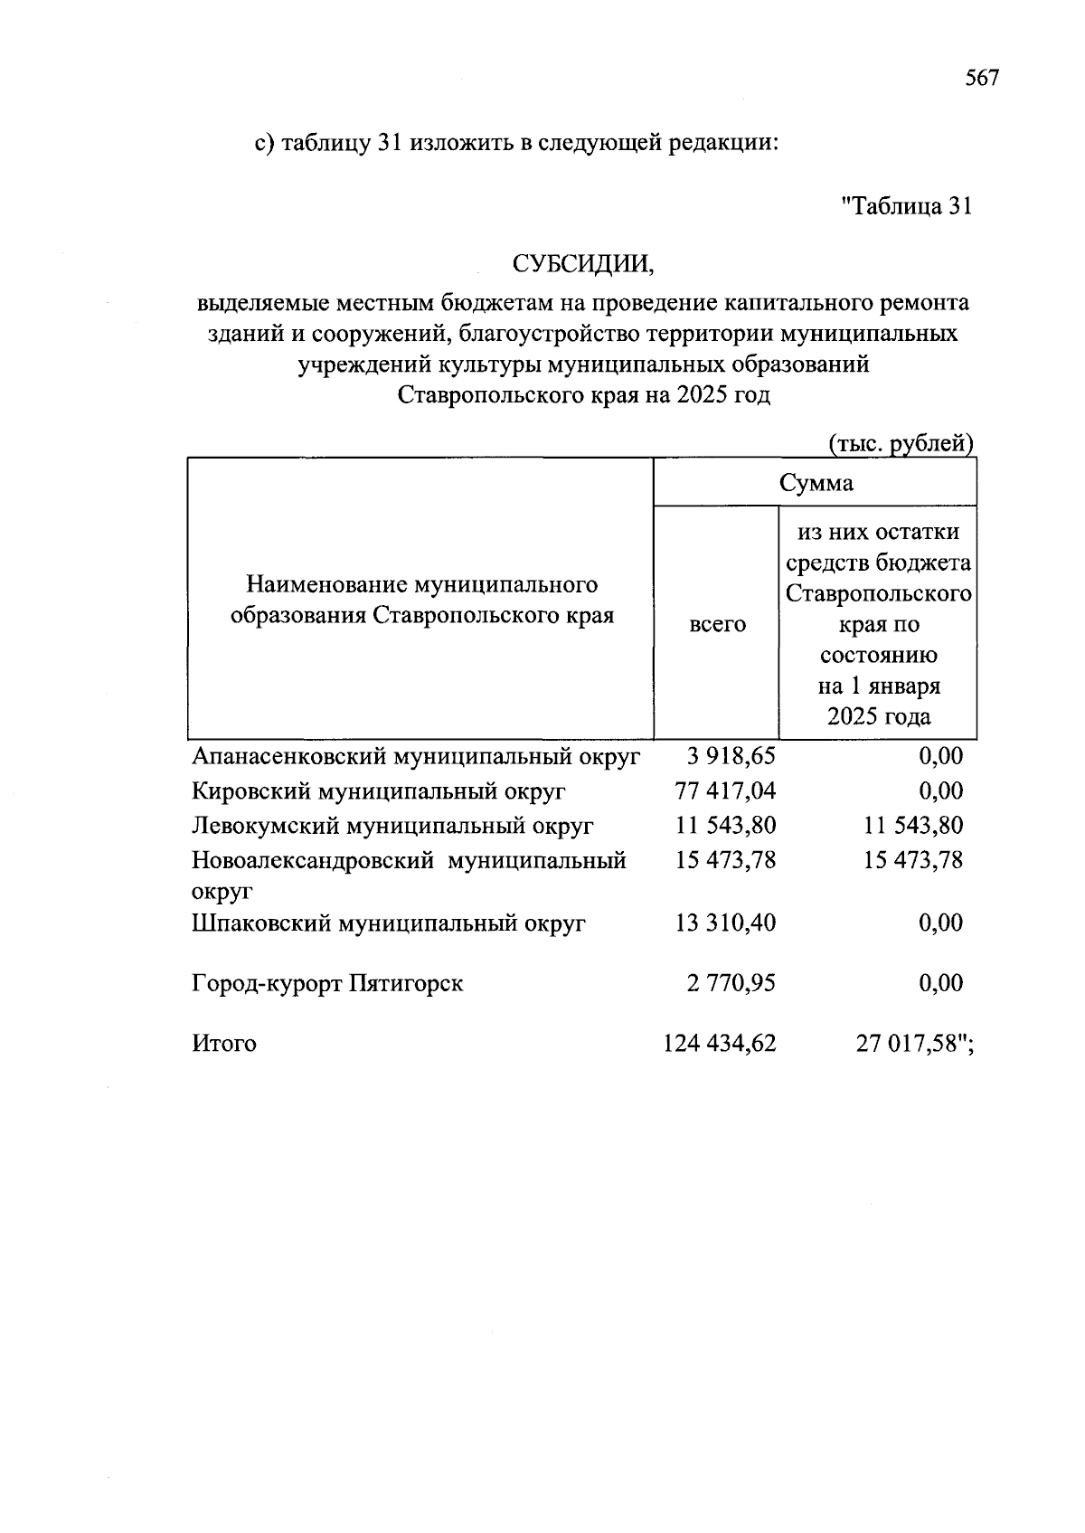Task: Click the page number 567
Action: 982,79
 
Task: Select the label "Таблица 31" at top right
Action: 907,206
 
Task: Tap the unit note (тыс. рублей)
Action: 901,444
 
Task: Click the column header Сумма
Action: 816,483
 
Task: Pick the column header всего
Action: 717,624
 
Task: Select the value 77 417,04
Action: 725,790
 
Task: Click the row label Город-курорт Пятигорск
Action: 327,983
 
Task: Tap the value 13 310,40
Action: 725,923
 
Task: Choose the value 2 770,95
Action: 731,983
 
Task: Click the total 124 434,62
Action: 720,1044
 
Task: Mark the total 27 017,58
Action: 909,1044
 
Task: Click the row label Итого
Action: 224,1044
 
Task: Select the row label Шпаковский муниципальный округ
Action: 389,923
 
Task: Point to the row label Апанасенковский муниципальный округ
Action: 416,756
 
